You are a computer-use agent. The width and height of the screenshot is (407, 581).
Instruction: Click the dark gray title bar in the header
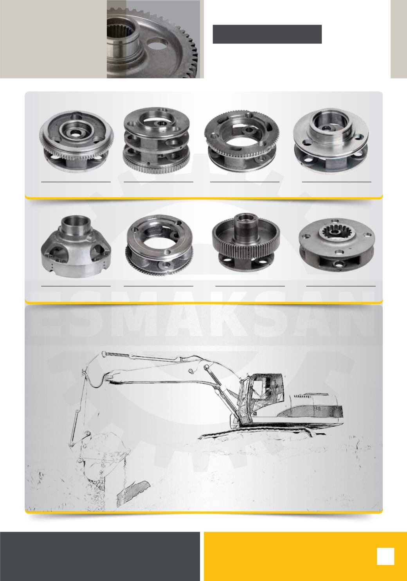267,34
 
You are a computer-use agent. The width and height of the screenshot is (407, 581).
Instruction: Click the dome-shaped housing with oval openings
76,246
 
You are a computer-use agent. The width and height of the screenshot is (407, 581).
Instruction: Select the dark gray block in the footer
100,556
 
